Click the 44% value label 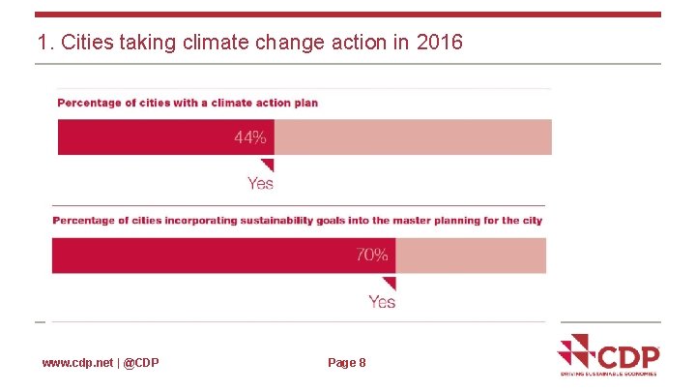[249, 138]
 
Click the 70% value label [372, 256]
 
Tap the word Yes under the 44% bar [260, 183]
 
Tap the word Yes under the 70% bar [382, 302]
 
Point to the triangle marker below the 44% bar [267, 166]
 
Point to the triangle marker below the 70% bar [389, 284]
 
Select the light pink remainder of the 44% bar [413, 137]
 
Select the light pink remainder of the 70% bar [471, 256]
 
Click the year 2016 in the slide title [441, 43]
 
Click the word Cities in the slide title [88, 43]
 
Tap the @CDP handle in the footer [141, 363]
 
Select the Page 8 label [347, 363]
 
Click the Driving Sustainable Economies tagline [609, 373]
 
